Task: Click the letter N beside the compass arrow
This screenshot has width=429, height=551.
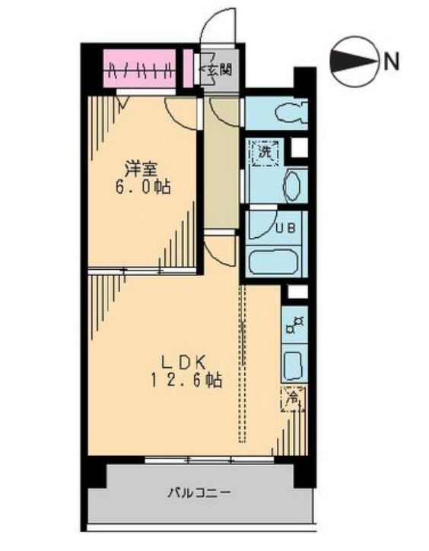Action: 391,61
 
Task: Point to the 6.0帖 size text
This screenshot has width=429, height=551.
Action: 142,186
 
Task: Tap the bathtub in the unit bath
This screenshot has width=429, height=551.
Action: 277,261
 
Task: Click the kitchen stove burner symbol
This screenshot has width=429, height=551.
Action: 294,325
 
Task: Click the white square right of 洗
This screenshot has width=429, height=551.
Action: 300,147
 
